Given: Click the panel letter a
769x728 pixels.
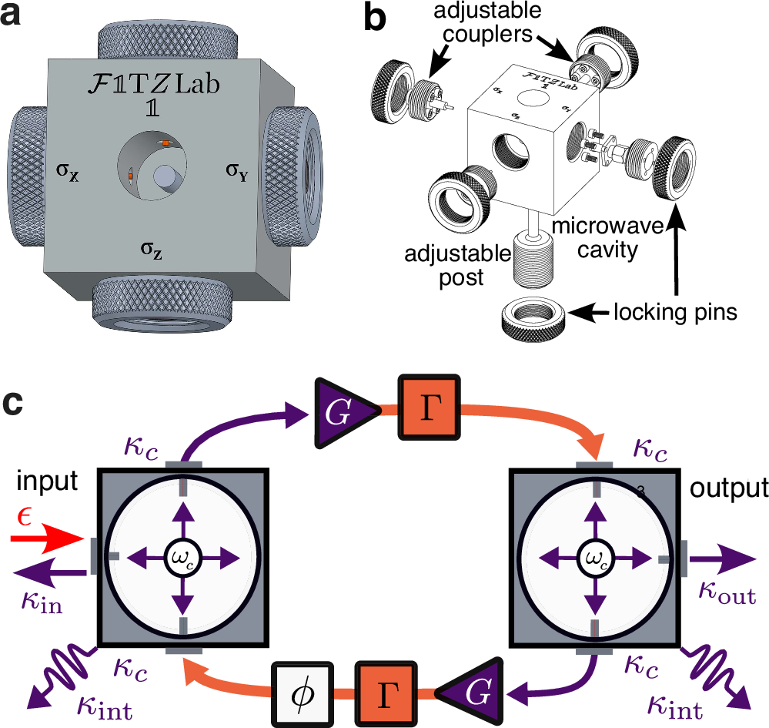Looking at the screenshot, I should coord(19,17).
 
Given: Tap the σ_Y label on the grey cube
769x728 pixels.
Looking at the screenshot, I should coord(237,169).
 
